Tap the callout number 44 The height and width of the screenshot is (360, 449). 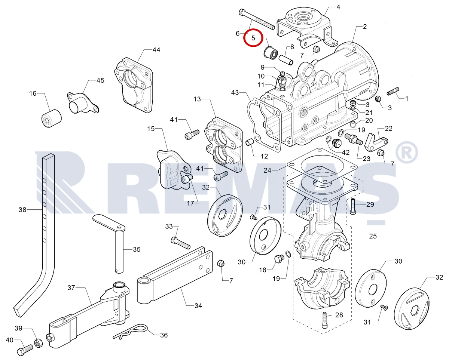pos(156,50)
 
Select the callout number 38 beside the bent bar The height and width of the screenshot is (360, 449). pos(22,209)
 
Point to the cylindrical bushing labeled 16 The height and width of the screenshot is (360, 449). pos(52,118)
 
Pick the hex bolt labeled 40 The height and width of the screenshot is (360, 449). pos(25,350)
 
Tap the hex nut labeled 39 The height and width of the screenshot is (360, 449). pos(38,343)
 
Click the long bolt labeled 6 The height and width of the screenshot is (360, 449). pos(256,19)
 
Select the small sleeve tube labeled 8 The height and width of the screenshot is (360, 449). pos(286,60)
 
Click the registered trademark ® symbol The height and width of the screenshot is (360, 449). pos(407,153)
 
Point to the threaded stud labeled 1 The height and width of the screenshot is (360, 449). pos(393,91)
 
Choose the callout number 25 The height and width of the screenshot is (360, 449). pos(373,236)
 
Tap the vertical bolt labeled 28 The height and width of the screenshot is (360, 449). pos(324,320)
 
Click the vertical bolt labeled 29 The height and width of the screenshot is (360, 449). pos(352,207)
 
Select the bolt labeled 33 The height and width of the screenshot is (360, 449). pos(180,243)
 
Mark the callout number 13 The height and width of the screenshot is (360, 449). pos(197,99)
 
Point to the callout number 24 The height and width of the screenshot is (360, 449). pos(267,170)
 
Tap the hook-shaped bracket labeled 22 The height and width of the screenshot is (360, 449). pos(376,142)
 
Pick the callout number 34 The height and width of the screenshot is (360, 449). pos(198,305)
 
